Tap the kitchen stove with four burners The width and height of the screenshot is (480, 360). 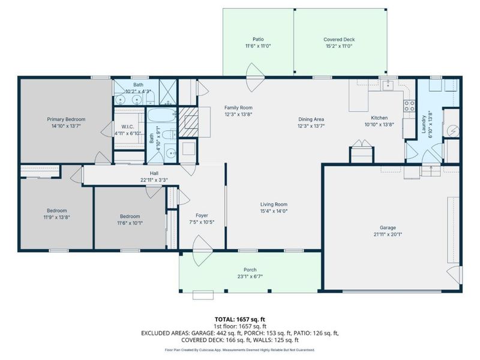(x=410, y=106)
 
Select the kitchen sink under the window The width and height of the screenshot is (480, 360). (x=388, y=86)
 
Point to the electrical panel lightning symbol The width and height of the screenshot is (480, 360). (x=454, y=130)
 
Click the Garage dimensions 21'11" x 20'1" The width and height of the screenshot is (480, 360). (x=388, y=235)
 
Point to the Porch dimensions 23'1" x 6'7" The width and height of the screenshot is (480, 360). (x=250, y=277)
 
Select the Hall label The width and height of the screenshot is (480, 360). (x=146, y=172)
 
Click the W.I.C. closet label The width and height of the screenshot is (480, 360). (x=127, y=127)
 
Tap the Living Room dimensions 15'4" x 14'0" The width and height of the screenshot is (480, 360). (x=274, y=211)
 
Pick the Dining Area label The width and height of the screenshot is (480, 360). (x=311, y=119)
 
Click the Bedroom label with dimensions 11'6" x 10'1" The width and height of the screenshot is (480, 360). (x=130, y=217)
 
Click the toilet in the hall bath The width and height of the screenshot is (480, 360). (x=171, y=151)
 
